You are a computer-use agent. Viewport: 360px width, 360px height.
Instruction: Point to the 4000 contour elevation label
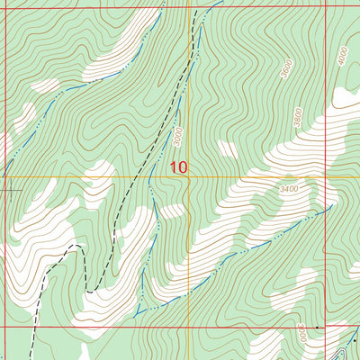click(x=343, y=56)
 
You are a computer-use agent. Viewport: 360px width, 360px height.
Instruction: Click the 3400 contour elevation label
click(x=290, y=190)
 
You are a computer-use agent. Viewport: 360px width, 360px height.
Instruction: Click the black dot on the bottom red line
click(x=317, y=327)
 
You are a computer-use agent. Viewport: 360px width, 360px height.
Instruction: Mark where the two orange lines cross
click(x=187, y=177)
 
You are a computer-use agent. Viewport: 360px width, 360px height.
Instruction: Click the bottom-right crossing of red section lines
click(x=326, y=327)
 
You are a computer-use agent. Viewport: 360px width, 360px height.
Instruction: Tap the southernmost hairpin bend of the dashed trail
click(x=90, y=290)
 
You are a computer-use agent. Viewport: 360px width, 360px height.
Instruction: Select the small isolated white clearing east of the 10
click(x=228, y=148)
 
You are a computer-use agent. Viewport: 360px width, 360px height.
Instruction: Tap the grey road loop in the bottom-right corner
click(x=347, y=347)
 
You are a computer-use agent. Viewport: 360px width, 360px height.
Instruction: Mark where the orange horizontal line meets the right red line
click(x=326, y=177)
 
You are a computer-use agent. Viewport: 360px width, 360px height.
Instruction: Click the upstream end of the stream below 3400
click(x=331, y=205)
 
